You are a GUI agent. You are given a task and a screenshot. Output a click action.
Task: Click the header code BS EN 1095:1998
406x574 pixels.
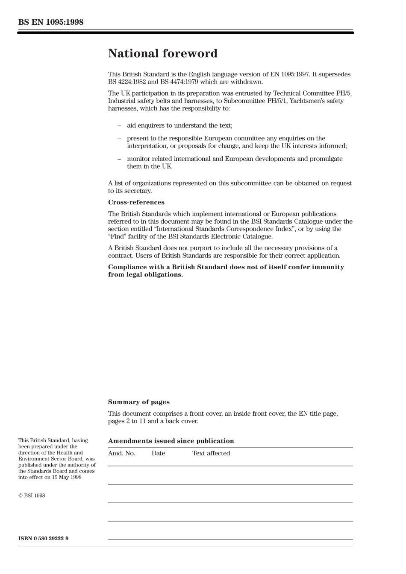(51, 22)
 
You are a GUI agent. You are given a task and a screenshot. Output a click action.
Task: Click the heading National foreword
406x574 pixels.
(162, 53)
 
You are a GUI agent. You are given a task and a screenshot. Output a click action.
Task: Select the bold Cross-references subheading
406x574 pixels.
(136, 202)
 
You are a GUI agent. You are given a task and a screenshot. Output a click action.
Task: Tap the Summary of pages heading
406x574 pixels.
(138, 402)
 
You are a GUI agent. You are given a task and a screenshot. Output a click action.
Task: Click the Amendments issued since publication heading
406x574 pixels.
(171, 441)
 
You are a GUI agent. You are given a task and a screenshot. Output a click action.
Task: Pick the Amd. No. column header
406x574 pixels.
(121, 453)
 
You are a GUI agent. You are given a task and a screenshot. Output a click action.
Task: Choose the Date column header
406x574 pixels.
(158, 453)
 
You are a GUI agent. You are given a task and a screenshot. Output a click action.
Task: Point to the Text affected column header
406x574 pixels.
(211, 453)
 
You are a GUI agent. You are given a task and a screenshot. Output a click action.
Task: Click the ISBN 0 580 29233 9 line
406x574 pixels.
(43, 538)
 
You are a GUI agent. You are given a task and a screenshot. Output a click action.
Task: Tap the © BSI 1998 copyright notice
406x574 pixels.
(32, 495)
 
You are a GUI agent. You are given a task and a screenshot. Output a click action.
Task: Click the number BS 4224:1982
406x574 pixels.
(127, 82)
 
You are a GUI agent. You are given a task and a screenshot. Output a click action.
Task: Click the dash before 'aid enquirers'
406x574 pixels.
(119, 125)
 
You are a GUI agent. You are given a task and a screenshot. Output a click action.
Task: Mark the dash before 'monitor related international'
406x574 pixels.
(119, 159)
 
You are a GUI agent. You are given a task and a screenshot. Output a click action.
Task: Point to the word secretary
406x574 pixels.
(138, 191)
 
